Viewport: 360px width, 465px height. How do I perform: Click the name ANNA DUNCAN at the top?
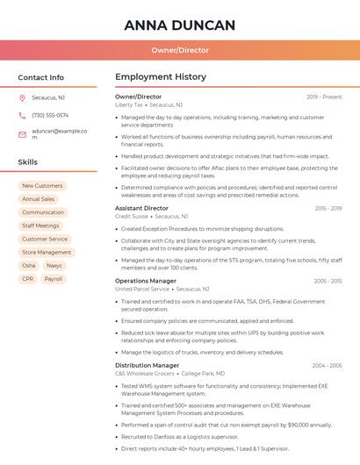tap(180, 25)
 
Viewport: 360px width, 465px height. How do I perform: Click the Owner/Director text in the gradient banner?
tap(180, 50)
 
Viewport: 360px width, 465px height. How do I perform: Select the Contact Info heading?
tap(41, 77)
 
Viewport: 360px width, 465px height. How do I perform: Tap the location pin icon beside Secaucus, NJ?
tap(22, 97)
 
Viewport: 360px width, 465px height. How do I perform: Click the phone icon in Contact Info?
tap(22, 115)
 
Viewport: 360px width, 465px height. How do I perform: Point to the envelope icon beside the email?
tap(22, 134)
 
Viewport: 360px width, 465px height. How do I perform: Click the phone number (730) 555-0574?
tap(50, 115)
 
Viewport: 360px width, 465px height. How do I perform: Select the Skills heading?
tap(28, 162)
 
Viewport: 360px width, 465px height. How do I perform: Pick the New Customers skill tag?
tap(42, 186)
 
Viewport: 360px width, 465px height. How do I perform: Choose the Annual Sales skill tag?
tap(38, 199)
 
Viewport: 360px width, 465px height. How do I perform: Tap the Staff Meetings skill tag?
tap(40, 225)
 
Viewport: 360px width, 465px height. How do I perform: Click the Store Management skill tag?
tap(47, 252)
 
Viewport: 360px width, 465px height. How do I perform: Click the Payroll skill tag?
tap(54, 279)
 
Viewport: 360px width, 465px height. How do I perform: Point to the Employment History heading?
tap(160, 77)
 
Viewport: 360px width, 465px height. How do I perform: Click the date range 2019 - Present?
tap(324, 97)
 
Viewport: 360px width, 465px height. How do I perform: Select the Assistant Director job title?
tap(141, 208)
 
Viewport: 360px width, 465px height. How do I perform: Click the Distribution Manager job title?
tap(147, 365)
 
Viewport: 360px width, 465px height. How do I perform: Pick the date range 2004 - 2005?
tap(327, 365)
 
